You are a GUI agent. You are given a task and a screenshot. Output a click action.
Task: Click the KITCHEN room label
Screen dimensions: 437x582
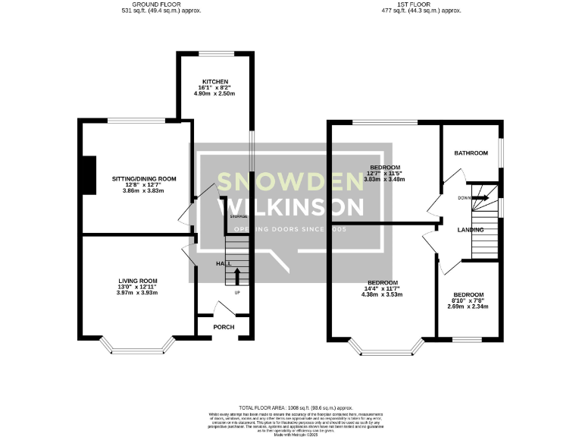(x=214, y=81)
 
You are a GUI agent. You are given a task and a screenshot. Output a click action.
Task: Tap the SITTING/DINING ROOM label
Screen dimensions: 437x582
(x=144, y=179)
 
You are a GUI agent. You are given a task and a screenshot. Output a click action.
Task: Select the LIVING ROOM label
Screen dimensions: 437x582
(x=137, y=281)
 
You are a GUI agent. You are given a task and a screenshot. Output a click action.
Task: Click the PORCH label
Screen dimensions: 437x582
(x=223, y=327)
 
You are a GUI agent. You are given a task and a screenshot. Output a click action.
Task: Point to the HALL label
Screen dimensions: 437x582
(x=224, y=263)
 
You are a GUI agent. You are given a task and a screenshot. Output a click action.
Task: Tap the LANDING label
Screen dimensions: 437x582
(x=471, y=229)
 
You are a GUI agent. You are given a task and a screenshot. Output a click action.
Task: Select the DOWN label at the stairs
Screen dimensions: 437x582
(x=465, y=198)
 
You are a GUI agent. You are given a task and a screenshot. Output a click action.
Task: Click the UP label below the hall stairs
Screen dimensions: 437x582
(x=237, y=293)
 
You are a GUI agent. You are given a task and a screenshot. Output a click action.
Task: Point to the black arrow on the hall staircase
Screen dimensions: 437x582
(x=237, y=275)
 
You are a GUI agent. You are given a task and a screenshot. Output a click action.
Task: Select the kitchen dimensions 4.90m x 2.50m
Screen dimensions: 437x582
(x=214, y=93)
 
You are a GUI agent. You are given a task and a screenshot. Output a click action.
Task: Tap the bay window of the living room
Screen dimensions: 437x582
(x=137, y=348)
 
